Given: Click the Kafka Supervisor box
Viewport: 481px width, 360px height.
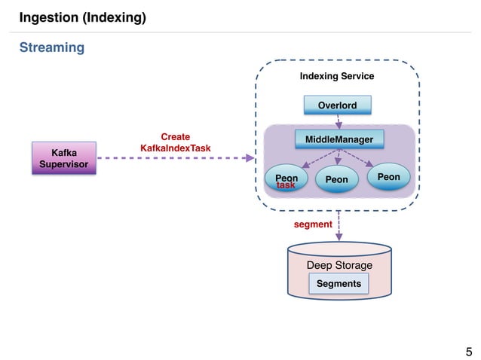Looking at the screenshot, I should pyautogui.click(x=64, y=157).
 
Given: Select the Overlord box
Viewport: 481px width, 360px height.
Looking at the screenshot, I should pyautogui.click(x=337, y=105).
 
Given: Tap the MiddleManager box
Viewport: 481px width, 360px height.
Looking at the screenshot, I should pyautogui.click(x=339, y=139).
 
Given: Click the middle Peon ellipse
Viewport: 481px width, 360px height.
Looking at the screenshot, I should pyautogui.click(x=336, y=180).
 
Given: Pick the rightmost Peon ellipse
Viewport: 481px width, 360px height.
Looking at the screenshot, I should pyautogui.click(x=388, y=177).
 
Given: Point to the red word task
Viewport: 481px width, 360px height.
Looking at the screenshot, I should pyautogui.click(x=286, y=185).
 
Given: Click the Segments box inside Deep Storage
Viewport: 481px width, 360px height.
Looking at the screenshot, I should pyautogui.click(x=339, y=283).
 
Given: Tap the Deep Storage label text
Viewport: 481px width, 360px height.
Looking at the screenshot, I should pyautogui.click(x=339, y=265).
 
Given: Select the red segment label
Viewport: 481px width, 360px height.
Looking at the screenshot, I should pyautogui.click(x=312, y=224).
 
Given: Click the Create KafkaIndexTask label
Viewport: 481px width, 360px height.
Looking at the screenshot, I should pyautogui.click(x=176, y=143).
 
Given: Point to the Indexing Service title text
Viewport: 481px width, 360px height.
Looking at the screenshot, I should pyautogui.click(x=337, y=76).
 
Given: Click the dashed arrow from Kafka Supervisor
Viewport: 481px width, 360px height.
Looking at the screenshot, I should pyautogui.click(x=173, y=158).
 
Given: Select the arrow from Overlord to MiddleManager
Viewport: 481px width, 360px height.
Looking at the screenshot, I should pyautogui.click(x=338, y=121).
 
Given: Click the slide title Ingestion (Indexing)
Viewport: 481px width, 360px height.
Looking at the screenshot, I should pyautogui.click(x=82, y=17).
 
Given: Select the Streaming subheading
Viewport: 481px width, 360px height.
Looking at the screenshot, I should pyautogui.click(x=51, y=48).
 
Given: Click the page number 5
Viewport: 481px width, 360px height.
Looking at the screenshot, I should pyautogui.click(x=469, y=351).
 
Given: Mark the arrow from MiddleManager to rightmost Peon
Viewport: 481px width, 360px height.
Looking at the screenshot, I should pyautogui.click(x=358, y=158).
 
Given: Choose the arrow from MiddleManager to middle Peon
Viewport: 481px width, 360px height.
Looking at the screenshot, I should pyautogui.click(x=339, y=157).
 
